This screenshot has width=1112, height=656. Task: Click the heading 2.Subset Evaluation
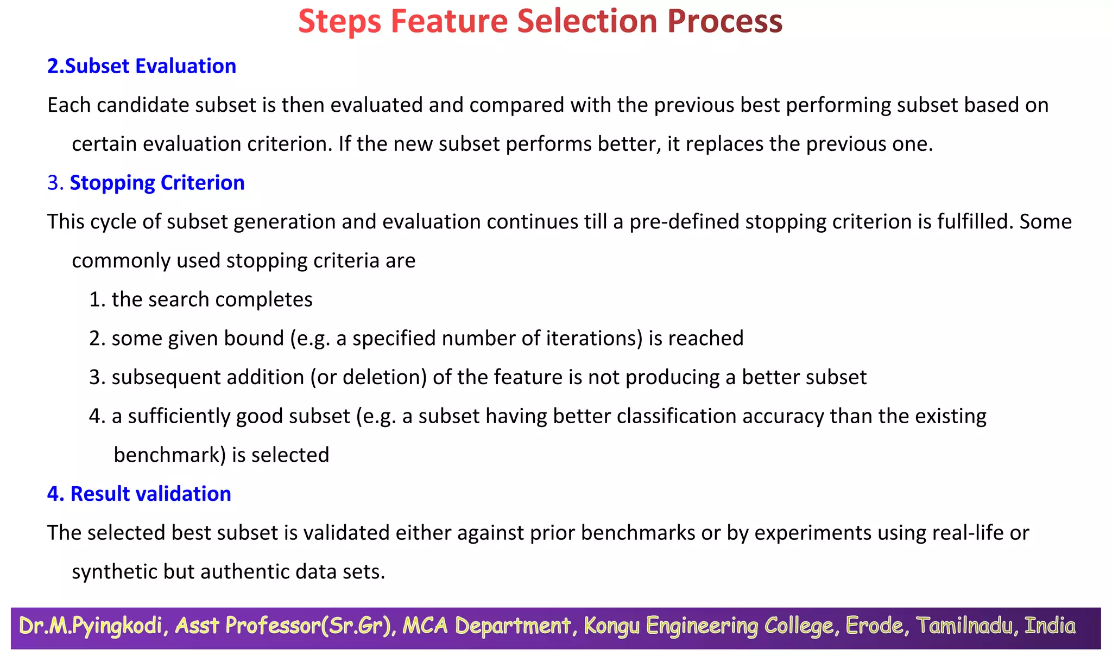[142, 66]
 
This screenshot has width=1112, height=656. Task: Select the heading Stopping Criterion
[157, 183]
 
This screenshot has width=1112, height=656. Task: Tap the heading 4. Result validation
[139, 494]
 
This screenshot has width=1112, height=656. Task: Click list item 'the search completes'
[212, 300]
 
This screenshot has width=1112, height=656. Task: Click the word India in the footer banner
[1049, 626]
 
